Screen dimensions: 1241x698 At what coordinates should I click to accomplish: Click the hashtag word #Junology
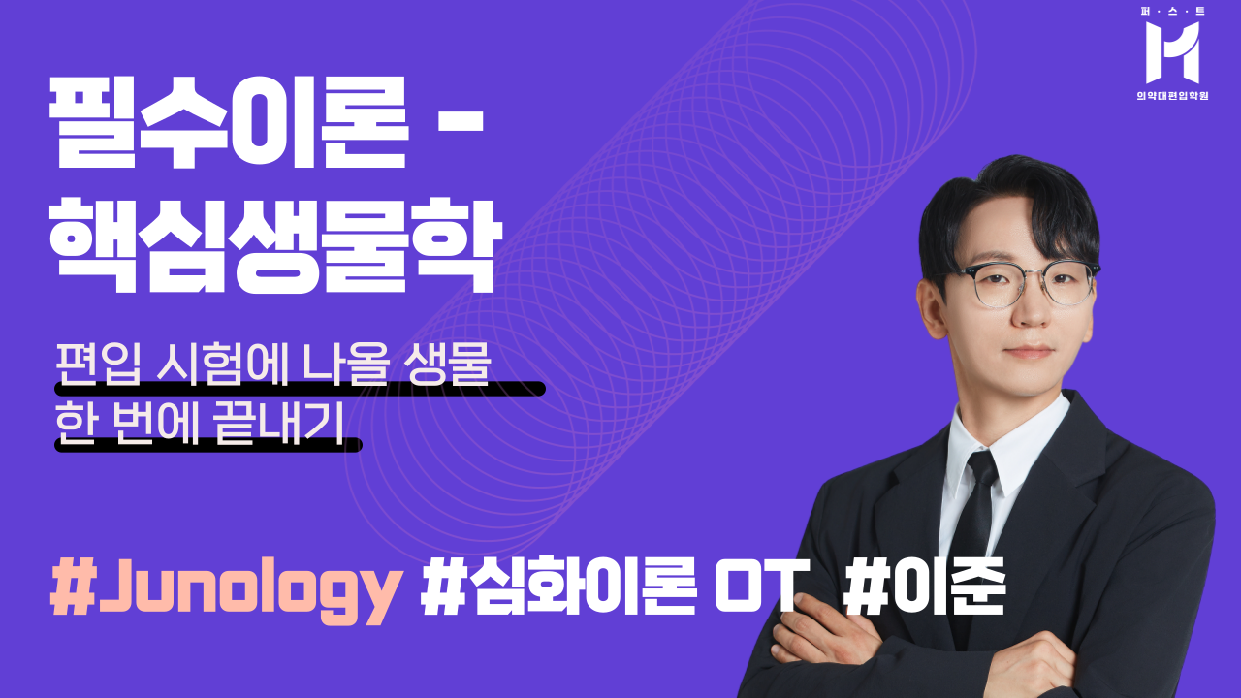click(226, 589)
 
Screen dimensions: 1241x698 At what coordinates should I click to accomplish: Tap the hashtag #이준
click(925, 587)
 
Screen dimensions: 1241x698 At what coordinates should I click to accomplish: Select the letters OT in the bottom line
click(761, 587)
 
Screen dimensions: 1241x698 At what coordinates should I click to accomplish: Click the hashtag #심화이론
click(557, 587)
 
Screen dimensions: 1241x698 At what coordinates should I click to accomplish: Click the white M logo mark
click(1172, 52)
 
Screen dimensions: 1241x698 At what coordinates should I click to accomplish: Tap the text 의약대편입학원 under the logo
click(1172, 96)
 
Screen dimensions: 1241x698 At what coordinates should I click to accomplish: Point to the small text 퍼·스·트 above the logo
click(1172, 11)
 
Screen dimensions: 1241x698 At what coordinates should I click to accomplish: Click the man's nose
click(1032, 311)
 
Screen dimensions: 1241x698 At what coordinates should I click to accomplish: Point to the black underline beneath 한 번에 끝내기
click(208, 445)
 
